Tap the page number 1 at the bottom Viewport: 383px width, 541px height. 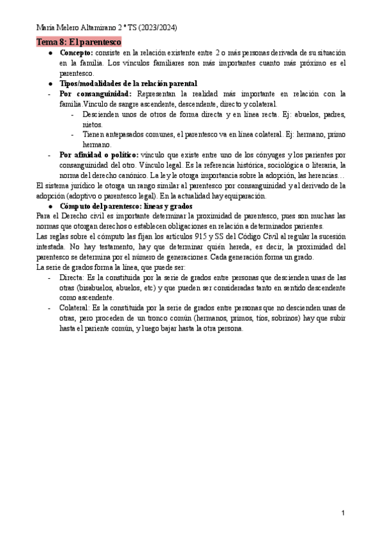tap(343, 513)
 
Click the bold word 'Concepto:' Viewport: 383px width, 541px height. tap(77, 52)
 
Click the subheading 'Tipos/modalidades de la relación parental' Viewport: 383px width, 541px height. tap(128, 84)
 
